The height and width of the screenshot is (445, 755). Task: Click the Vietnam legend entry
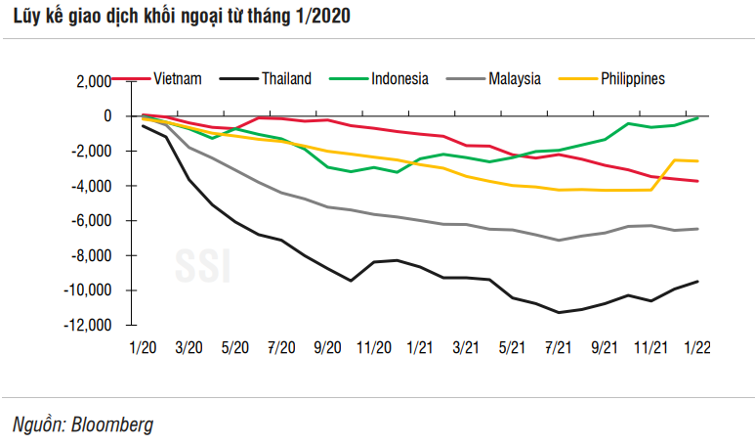[179, 79]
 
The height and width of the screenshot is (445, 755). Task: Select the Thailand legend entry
[286, 79]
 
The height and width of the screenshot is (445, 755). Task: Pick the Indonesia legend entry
[399, 79]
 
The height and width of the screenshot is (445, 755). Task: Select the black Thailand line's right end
[697, 282]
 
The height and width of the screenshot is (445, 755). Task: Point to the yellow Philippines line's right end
[697, 160]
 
